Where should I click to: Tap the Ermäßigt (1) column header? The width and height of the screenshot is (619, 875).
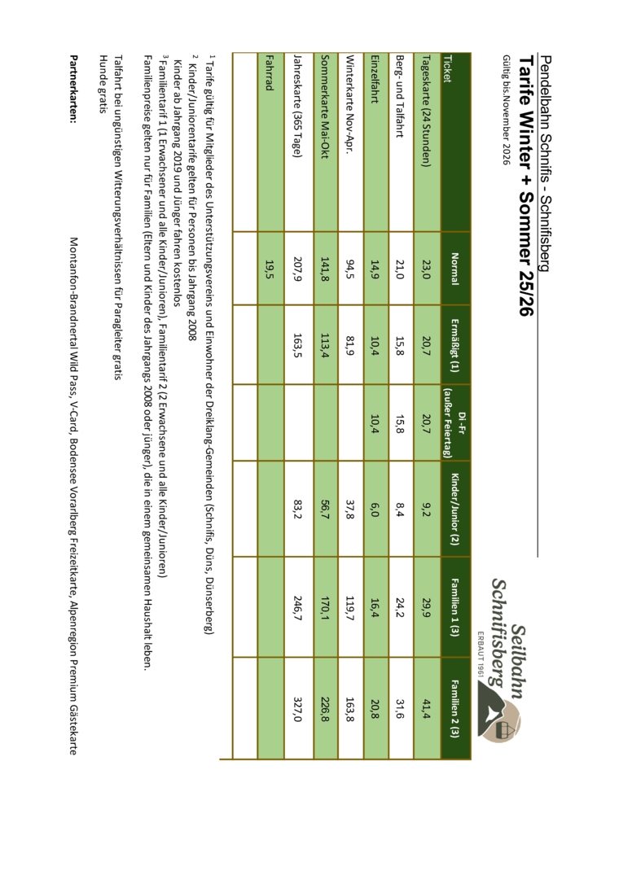(x=454, y=344)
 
